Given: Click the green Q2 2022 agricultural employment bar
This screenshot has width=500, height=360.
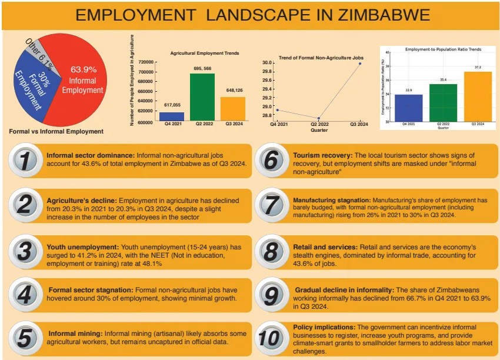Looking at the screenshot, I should click(x=202, y=97).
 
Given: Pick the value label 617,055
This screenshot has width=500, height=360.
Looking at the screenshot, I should click(x=171, y=104).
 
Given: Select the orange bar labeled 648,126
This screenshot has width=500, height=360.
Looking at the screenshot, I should click(x=233, y=109).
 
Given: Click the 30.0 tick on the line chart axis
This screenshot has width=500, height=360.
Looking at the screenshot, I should click(x=266, y=63).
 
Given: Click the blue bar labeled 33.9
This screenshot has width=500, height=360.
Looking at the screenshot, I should click(x=409, y=108).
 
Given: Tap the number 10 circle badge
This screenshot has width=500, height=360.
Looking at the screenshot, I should click(x=269, y=338).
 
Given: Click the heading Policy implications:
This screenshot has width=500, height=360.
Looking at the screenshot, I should click(x=324, y=327).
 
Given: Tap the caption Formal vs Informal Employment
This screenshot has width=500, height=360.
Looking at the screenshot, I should click(x=56, y=131).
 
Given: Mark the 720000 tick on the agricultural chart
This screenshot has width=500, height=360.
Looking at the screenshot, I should click(x=146, y=62).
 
